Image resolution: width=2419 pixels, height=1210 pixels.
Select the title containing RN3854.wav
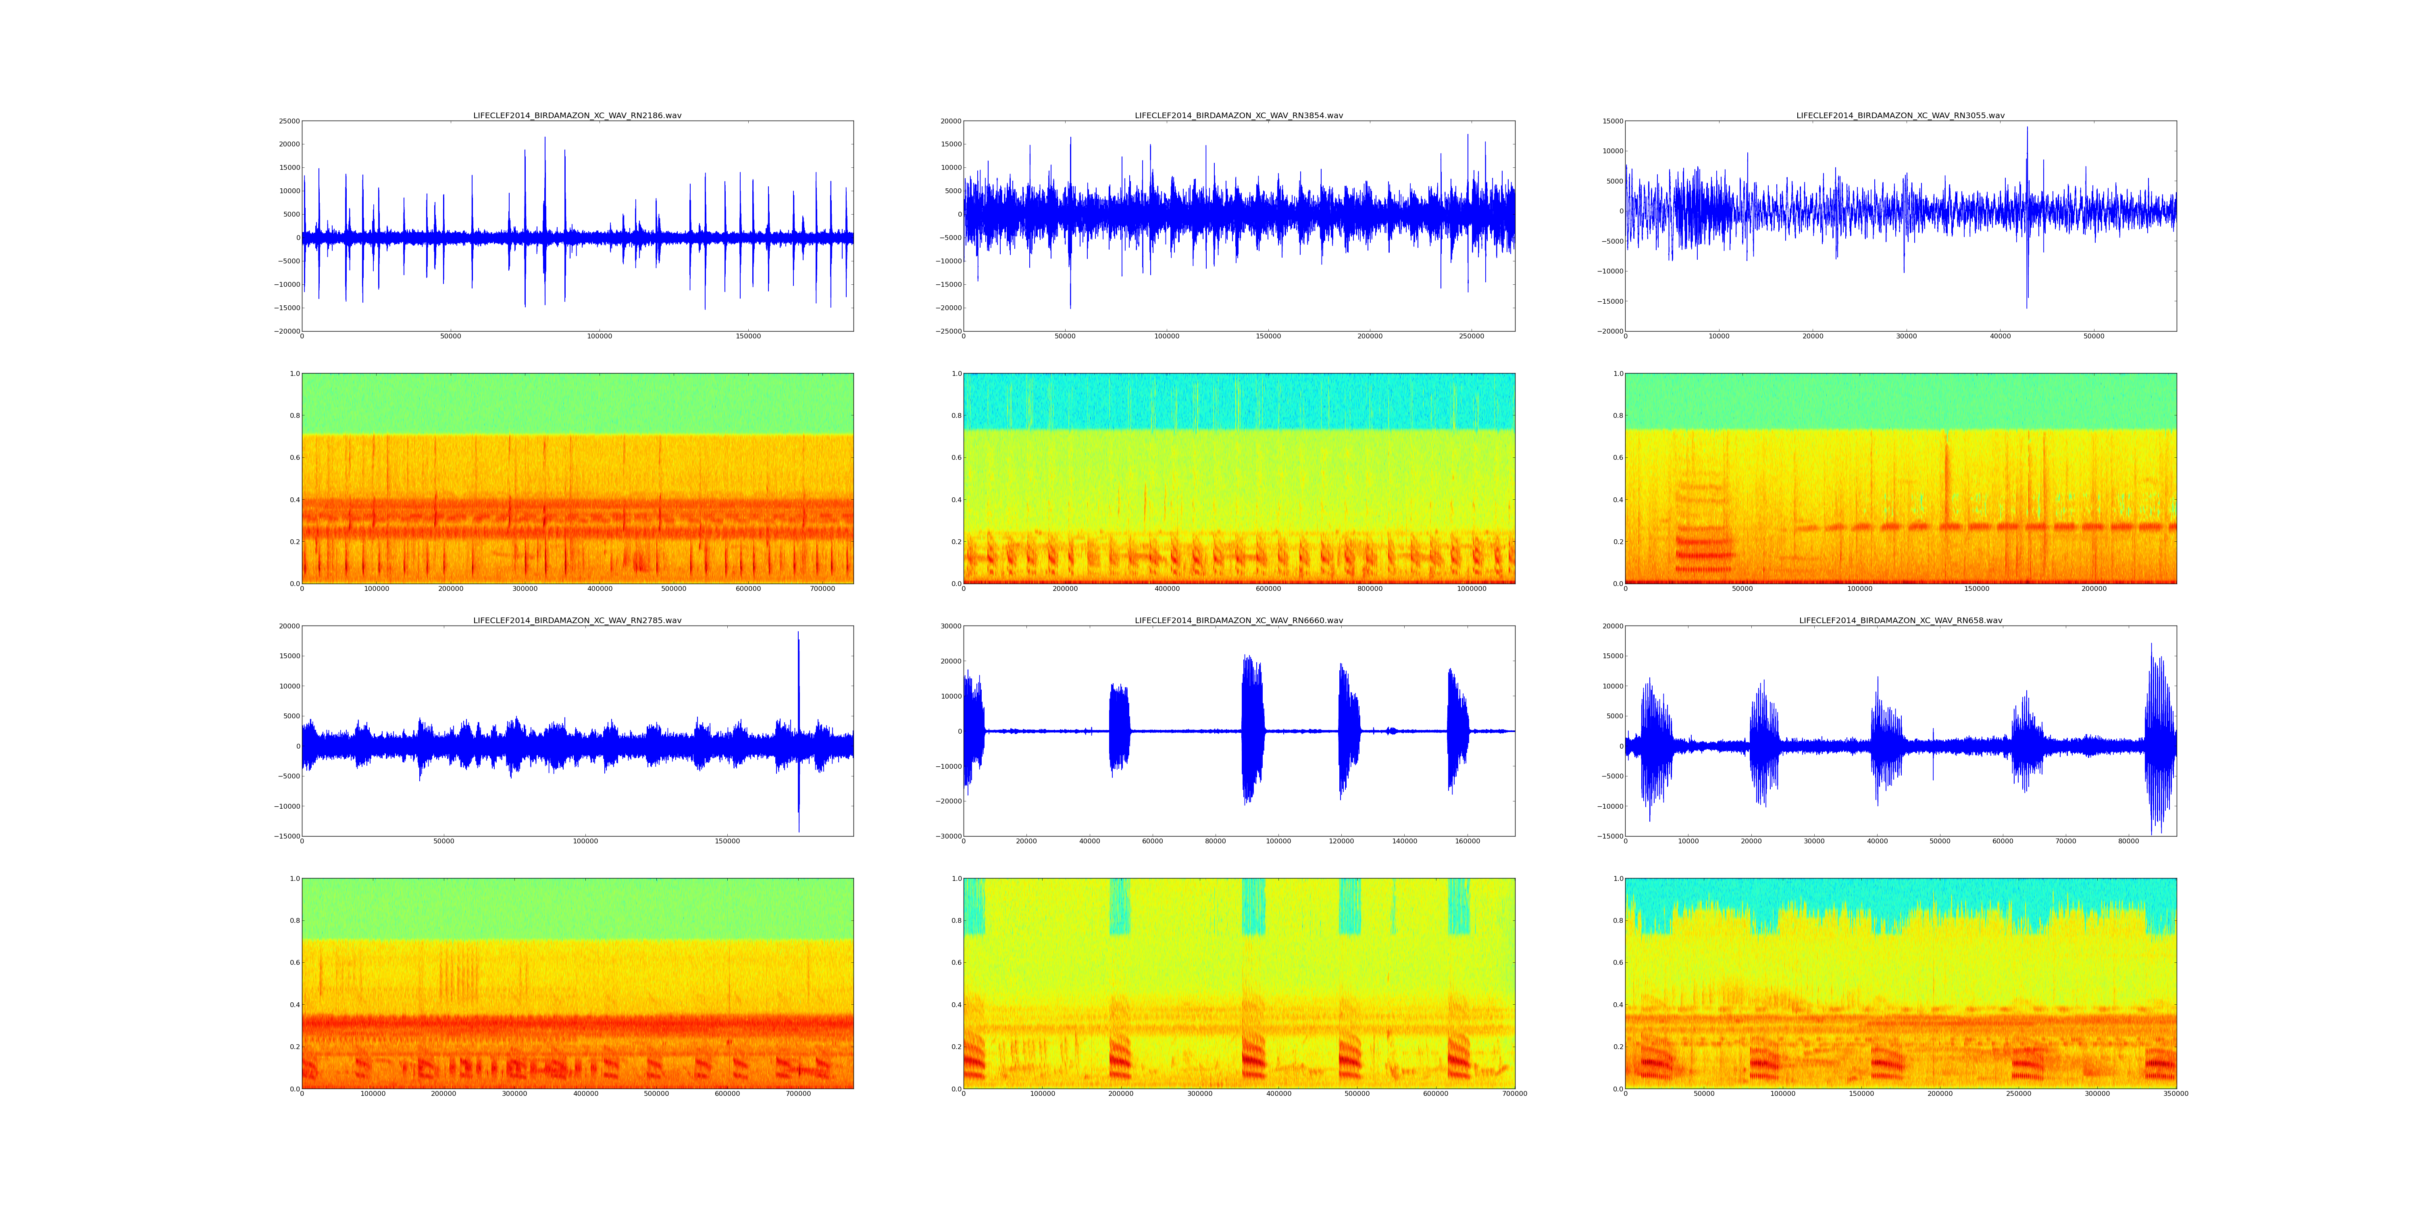1239,115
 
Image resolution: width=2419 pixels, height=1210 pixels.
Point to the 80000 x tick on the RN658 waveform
2129,842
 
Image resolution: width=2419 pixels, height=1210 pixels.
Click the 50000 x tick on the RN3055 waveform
2093,336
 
